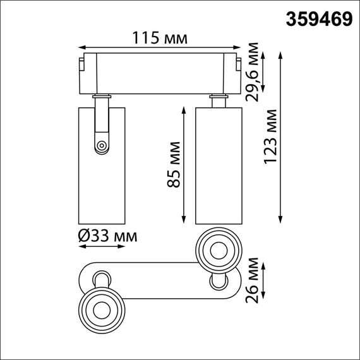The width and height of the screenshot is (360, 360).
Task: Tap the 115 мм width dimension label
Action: click(x=159, y=39)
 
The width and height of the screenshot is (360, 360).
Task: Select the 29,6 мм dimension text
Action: click(x=254, y=73)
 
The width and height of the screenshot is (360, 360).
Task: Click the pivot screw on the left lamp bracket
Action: click(x=101, y=147)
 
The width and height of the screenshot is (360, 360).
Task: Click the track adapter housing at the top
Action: click(x=159, y=73)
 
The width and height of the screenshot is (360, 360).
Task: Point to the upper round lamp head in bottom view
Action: click(x=219, y=249)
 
